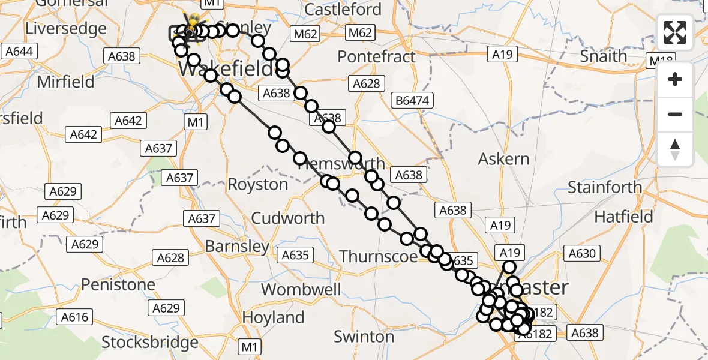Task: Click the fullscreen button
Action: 675,32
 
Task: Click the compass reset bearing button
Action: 675,149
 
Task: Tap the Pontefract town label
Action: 376,57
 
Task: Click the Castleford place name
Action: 343,10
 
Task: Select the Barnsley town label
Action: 237,246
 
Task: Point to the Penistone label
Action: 119,284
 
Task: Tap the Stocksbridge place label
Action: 150,343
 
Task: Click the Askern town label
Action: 503,159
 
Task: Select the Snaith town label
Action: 604,56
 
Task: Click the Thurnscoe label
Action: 378,257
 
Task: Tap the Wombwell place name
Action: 301,289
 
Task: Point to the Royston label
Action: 258,184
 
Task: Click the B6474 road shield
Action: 412,100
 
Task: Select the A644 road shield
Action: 19,52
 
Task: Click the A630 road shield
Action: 581,254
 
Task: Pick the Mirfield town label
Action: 66,82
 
